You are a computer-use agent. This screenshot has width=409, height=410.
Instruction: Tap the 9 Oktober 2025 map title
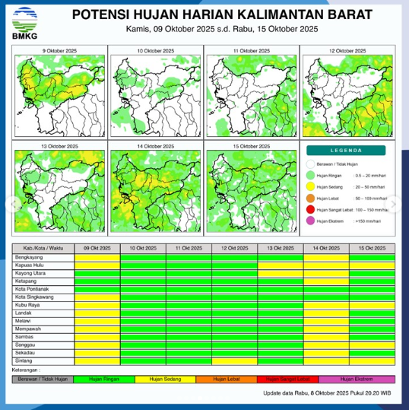point(59,49)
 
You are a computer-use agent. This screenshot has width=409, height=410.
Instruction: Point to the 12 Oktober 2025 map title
point(347,49)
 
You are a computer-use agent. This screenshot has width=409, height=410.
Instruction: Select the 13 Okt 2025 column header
point(281,249)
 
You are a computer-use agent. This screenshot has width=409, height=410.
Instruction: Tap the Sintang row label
point(24,360)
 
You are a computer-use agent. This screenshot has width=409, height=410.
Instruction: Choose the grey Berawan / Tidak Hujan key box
point(44,378)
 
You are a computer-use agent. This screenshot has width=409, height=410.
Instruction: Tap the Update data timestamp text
point(327,393)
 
